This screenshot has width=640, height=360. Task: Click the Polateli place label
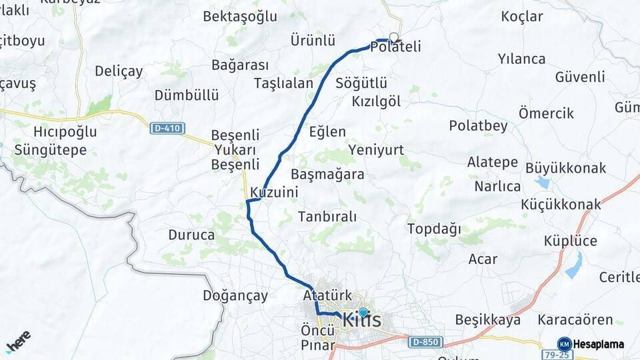[x=397, y=48]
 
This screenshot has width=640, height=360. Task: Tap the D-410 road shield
[x=167, y=128]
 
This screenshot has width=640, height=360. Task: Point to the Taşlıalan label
[x=283, y=83]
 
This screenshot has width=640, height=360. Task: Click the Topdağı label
[x=434, y=229]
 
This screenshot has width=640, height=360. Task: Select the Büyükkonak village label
[x=565, y=167]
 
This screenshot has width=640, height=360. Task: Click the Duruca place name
[x=191, y=235]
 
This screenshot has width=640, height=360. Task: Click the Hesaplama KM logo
[x=591, y=344]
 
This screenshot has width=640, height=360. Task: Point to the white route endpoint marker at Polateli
[x=393, y=38]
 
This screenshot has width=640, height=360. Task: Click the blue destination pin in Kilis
[x=363, y=312]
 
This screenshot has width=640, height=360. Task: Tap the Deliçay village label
[x=119, y=71]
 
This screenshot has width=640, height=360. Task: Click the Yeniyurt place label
[x=376, y=150]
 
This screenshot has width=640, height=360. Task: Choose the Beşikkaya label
[x=487, y=320]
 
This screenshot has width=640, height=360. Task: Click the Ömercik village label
[x=546, y=113]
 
